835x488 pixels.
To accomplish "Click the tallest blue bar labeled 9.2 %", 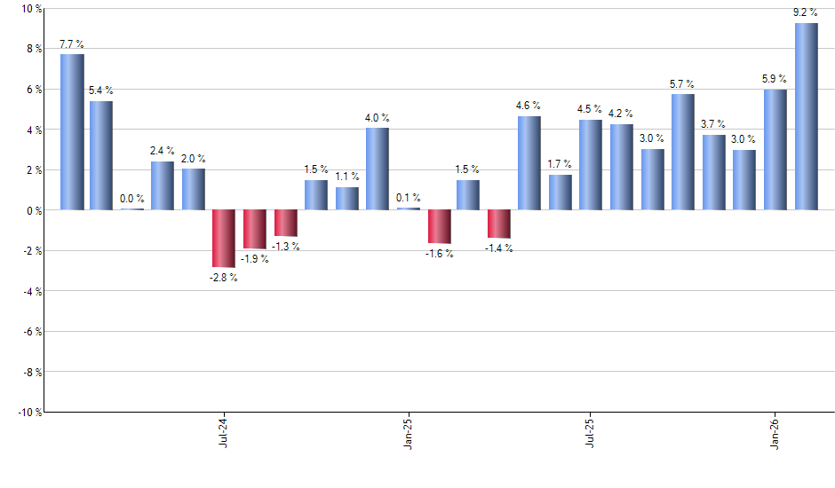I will click(x=806, y=116).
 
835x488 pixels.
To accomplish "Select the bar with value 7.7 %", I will click(x=72, y=132).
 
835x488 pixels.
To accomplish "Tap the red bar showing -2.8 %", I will click(x=224, y=238).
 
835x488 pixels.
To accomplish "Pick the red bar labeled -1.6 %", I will click(x=438, y=226).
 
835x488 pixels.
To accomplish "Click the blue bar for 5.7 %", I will click(x=682, y=152).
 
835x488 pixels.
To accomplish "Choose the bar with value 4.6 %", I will click(x=529, y=163).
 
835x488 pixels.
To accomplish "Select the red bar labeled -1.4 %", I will click(x=499, y=224).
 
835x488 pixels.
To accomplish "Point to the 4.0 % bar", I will click(x=377, y=169).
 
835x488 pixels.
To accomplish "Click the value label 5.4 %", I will click(x=100, y=91).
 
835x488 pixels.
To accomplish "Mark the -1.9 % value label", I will click(x=255, y=259).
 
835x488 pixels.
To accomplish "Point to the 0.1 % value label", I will click(x=408, y=198).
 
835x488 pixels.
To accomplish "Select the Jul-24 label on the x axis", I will click(x=222, y=432).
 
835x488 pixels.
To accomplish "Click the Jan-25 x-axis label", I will click(x=407, y=432).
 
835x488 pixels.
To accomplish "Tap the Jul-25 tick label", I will click(x=590, y=432).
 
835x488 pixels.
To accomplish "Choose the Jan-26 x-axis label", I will click(x=774, y=432).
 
